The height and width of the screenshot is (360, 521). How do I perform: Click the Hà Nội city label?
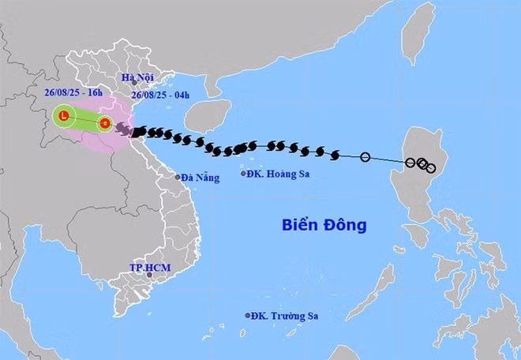point(137,77)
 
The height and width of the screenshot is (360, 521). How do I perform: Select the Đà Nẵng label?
point(197,177)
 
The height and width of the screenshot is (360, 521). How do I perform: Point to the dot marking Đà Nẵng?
point(178,177)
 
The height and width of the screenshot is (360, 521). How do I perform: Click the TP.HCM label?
point(150,268)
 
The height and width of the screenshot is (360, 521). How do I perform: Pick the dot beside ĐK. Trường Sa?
point(248,316)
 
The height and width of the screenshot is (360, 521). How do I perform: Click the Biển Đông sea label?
point(324,225)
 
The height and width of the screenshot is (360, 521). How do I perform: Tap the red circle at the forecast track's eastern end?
point(104,122)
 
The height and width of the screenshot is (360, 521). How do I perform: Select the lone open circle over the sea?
point(365,157)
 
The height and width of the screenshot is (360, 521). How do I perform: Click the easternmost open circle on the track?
point(430,167)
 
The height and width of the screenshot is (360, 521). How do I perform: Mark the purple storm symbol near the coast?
point(122,129)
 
